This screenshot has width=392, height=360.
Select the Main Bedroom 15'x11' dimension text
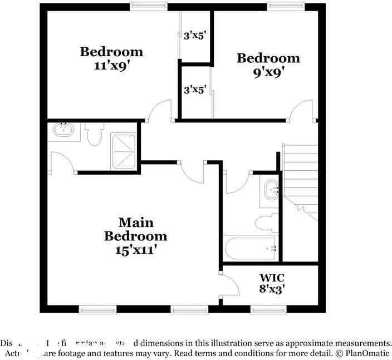coord(135,249)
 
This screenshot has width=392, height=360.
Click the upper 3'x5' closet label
coord(195,36)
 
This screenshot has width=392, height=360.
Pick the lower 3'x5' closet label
coord(195,89)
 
